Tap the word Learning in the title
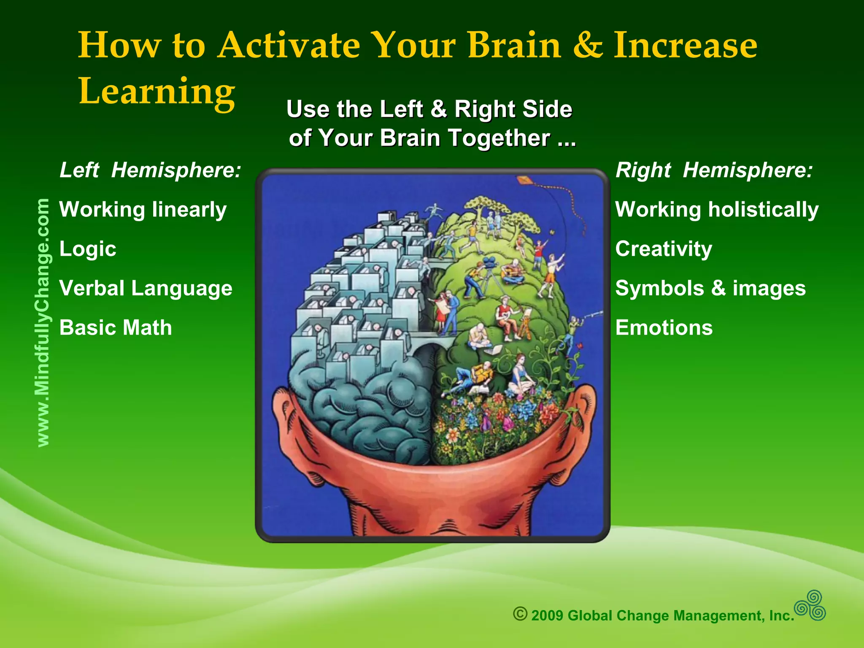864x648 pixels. coord(157,92)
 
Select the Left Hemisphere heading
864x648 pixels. coord(150,170)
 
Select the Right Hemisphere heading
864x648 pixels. coord(714,170)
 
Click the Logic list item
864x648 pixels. coord(88,249)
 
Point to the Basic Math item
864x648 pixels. coord(116,328)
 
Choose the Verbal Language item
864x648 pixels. coord(146,289)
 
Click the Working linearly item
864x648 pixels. coord(143,210)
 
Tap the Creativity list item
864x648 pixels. coord(664,249)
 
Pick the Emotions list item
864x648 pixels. coord(664,328)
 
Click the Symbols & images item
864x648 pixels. coord(710,289)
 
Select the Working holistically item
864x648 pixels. coord(717,210)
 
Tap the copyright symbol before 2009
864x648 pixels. coord(520,614)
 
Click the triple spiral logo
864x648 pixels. coord(810,605)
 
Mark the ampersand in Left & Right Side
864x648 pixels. coord(439,109)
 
